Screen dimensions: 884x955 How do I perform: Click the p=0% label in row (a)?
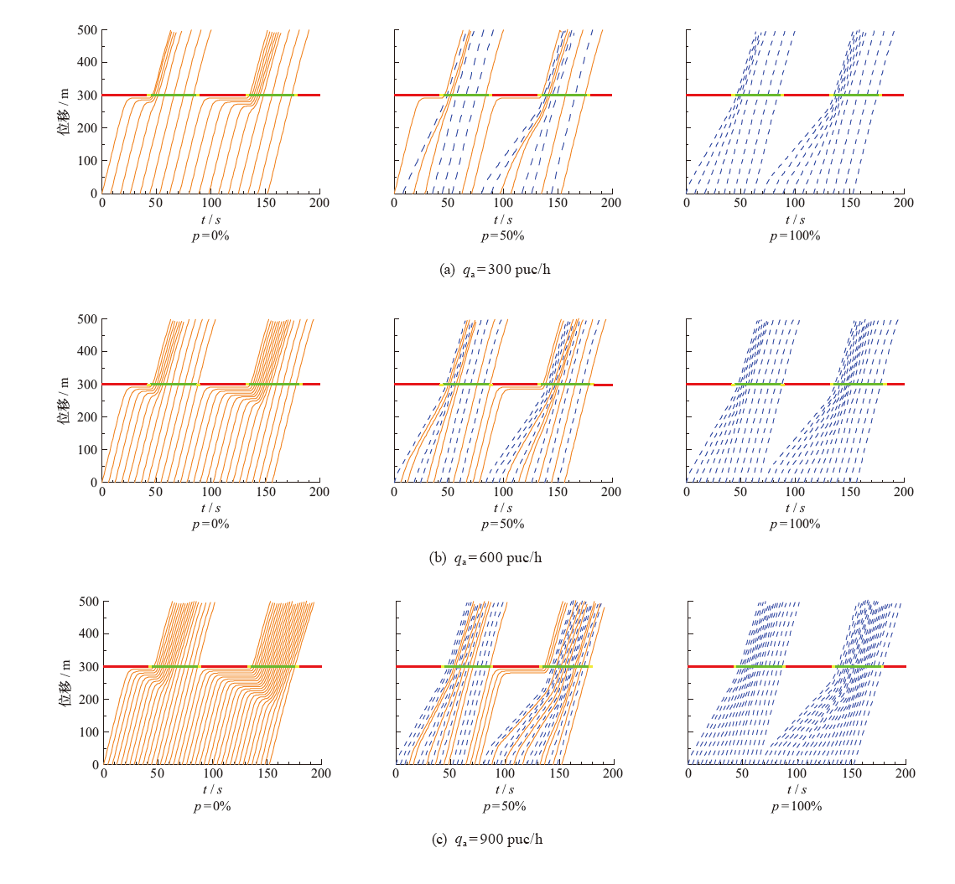click(210, 236)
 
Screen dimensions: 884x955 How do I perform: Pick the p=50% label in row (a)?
click(503, 236)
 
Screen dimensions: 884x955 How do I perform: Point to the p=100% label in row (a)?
click(795, 236)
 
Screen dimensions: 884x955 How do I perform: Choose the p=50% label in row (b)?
click(503, 525)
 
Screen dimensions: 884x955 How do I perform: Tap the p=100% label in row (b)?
click(795, 525)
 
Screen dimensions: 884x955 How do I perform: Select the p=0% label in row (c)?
click(210, 807)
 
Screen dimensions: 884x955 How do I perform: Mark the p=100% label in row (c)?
click(795, 807)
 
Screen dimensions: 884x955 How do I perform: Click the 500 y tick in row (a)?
click(87, 30)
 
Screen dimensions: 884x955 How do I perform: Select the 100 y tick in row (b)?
click(87, 450)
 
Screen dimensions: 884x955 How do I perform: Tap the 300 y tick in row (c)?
click(87, 667)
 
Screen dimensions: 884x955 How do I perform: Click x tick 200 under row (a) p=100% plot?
click(903, 204)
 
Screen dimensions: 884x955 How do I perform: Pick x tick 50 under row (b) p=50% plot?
click(449, 493)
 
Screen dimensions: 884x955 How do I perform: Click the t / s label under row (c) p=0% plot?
click(210, 790)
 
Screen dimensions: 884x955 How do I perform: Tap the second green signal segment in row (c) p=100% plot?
click(858, 666)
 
